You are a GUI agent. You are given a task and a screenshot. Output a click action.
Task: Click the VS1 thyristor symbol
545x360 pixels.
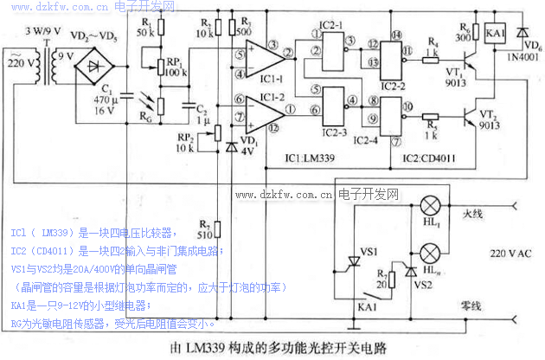tap(351, 262)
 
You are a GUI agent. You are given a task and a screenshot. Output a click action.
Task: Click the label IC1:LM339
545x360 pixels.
tap(311, 158)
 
